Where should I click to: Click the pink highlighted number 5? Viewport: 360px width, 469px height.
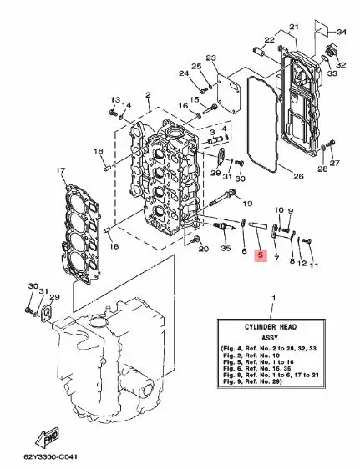point(260,255)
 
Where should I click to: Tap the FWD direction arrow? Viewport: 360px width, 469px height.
point(48,437)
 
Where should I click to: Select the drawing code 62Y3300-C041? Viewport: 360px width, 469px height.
point(51,457)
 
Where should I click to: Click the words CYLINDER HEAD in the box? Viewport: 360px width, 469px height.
point(271,326)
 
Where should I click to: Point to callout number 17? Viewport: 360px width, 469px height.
point(60,171)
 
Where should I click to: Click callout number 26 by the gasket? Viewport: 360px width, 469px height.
point(298,176)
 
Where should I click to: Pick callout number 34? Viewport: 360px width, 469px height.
point(342,32)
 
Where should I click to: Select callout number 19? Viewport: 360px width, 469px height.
point(247,204)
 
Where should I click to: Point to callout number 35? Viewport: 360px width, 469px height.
point(226,248)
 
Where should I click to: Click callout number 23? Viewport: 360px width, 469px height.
point(211,58)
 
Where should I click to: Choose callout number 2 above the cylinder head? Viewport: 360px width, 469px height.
point(148,95)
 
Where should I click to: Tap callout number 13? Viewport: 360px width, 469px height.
point(115,99)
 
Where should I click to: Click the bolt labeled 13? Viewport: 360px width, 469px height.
point(113,113)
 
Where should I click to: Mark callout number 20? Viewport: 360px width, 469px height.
point(203,249)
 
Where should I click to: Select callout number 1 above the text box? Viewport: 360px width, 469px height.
point(273,298)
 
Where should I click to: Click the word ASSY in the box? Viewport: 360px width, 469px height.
point(270,338)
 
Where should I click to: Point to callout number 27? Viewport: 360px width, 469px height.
point(335,163)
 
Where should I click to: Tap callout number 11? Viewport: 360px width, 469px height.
point(313,265)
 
